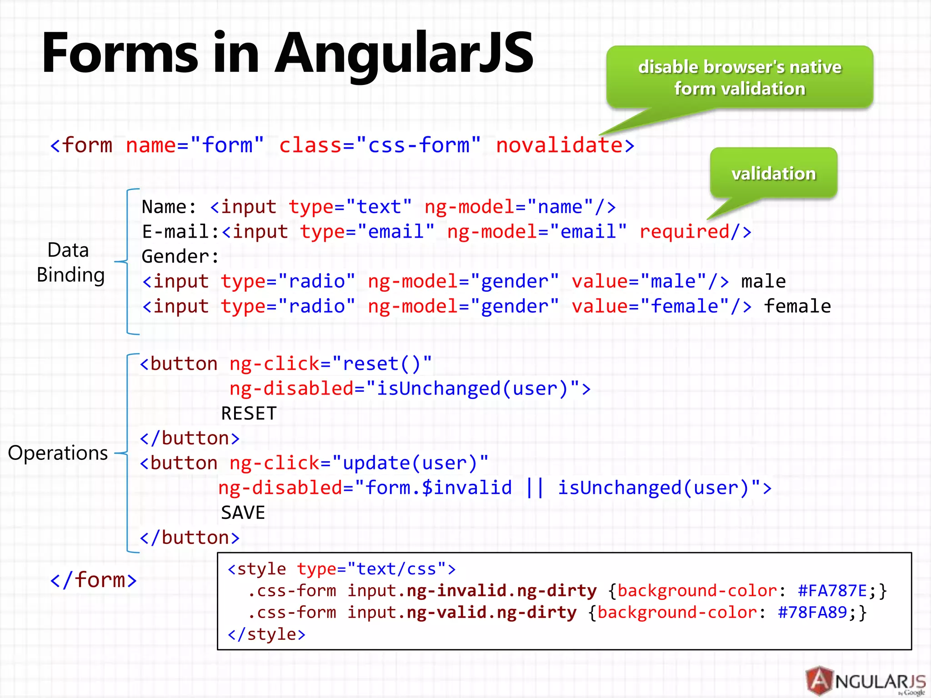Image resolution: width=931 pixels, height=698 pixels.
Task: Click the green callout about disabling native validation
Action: click(x=740, y=77)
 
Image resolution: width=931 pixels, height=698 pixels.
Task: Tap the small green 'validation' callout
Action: click(x=773, y=173)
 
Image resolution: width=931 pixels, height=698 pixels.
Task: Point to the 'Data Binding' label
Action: click(x=70, y=263)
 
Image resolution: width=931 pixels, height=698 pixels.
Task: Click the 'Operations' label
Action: click(x=58, y=453)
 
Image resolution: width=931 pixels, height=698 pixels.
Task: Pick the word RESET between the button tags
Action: click(x=249, y=414)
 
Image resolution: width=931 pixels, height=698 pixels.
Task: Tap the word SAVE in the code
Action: click(x=243, y=513)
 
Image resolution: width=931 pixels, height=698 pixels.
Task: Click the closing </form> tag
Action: click(x=93, y=580)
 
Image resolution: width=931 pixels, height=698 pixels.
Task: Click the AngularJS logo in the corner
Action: click(x=865, y=681)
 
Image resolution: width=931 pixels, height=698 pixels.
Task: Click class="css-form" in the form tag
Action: click(x=380, y=145)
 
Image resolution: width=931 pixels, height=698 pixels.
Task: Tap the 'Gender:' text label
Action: click(x=180, y=257)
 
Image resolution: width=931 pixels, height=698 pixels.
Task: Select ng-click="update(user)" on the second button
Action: click(x=359, y=463)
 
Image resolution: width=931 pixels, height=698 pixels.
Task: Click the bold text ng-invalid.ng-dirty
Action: click(x=501, y=591)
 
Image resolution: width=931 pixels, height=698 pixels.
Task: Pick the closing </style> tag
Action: click(x=266, y=634)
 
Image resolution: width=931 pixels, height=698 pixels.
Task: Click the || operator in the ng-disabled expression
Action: click(x=535, y=488)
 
